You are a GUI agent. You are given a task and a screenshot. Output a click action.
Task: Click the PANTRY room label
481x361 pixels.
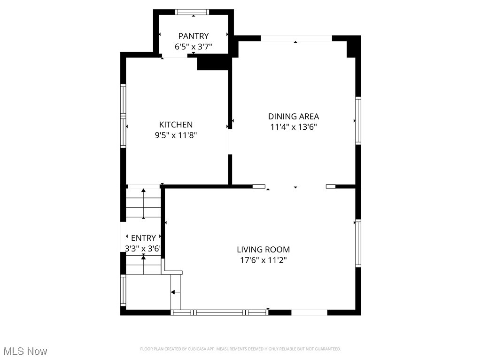193,36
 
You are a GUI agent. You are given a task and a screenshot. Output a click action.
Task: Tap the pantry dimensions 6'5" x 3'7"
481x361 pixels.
193,47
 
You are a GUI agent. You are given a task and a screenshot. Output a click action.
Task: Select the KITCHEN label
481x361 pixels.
176,125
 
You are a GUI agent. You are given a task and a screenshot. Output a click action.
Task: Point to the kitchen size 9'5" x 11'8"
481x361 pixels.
176,135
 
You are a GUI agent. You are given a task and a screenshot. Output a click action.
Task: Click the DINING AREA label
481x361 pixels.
294,116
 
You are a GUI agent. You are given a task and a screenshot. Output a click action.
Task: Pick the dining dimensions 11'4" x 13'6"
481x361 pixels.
294,127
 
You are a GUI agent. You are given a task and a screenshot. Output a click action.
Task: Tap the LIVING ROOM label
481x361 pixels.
263,250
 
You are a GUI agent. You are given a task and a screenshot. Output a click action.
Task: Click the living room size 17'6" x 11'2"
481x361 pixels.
263,260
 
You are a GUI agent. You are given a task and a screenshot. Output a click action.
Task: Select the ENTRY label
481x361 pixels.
143,238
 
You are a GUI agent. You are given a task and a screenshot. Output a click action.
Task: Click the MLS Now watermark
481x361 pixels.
25,351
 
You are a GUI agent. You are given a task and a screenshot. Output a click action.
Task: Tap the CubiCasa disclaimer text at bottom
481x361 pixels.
240,349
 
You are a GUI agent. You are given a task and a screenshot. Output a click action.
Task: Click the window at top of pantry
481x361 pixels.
193,12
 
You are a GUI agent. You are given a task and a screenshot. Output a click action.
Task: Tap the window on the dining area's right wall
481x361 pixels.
358,120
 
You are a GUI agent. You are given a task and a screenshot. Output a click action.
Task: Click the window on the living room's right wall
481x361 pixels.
358,243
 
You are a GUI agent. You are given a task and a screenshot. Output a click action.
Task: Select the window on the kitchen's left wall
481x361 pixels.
123,116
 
